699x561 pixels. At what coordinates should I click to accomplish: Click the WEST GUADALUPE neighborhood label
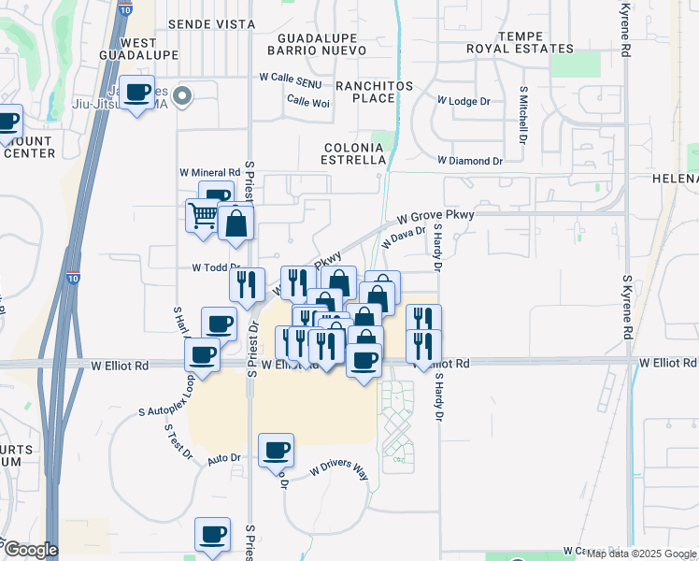[138, 50]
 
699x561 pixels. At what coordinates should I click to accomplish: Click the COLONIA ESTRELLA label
[354, 153]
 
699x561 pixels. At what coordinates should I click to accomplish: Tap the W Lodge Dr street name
[464, 99]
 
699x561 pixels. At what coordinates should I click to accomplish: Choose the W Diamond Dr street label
[470, 161]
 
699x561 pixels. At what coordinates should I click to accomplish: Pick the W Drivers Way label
[339, 468]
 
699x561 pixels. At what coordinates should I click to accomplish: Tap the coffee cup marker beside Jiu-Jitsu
[137, 93]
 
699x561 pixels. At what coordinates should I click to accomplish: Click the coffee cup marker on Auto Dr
[276, 450]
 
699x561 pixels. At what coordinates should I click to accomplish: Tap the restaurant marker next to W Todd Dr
[246, 282]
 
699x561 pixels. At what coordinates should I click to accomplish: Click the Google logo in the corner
[30, 549]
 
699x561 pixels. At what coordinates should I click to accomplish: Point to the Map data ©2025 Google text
[641, 554]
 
